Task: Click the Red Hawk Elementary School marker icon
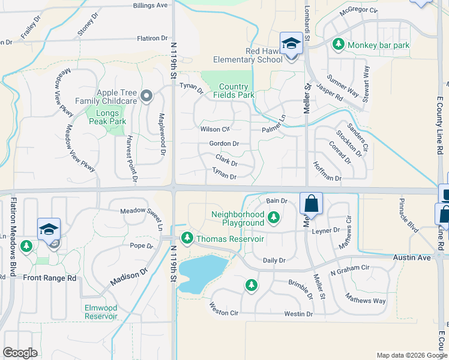(x=291, y=44)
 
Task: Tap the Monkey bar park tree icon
(x=339, y=44)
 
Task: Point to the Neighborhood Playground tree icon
(x=274, y=217)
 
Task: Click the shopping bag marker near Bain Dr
(x=312, y=203)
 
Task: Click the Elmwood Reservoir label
(x=100, y=312)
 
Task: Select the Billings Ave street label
(x=151, y=5)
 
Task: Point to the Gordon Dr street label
(x=224, y=144)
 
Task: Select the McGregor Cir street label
(x=358, y=10)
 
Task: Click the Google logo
(x=20, y=352)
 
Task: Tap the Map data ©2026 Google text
(x=411, y=355)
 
